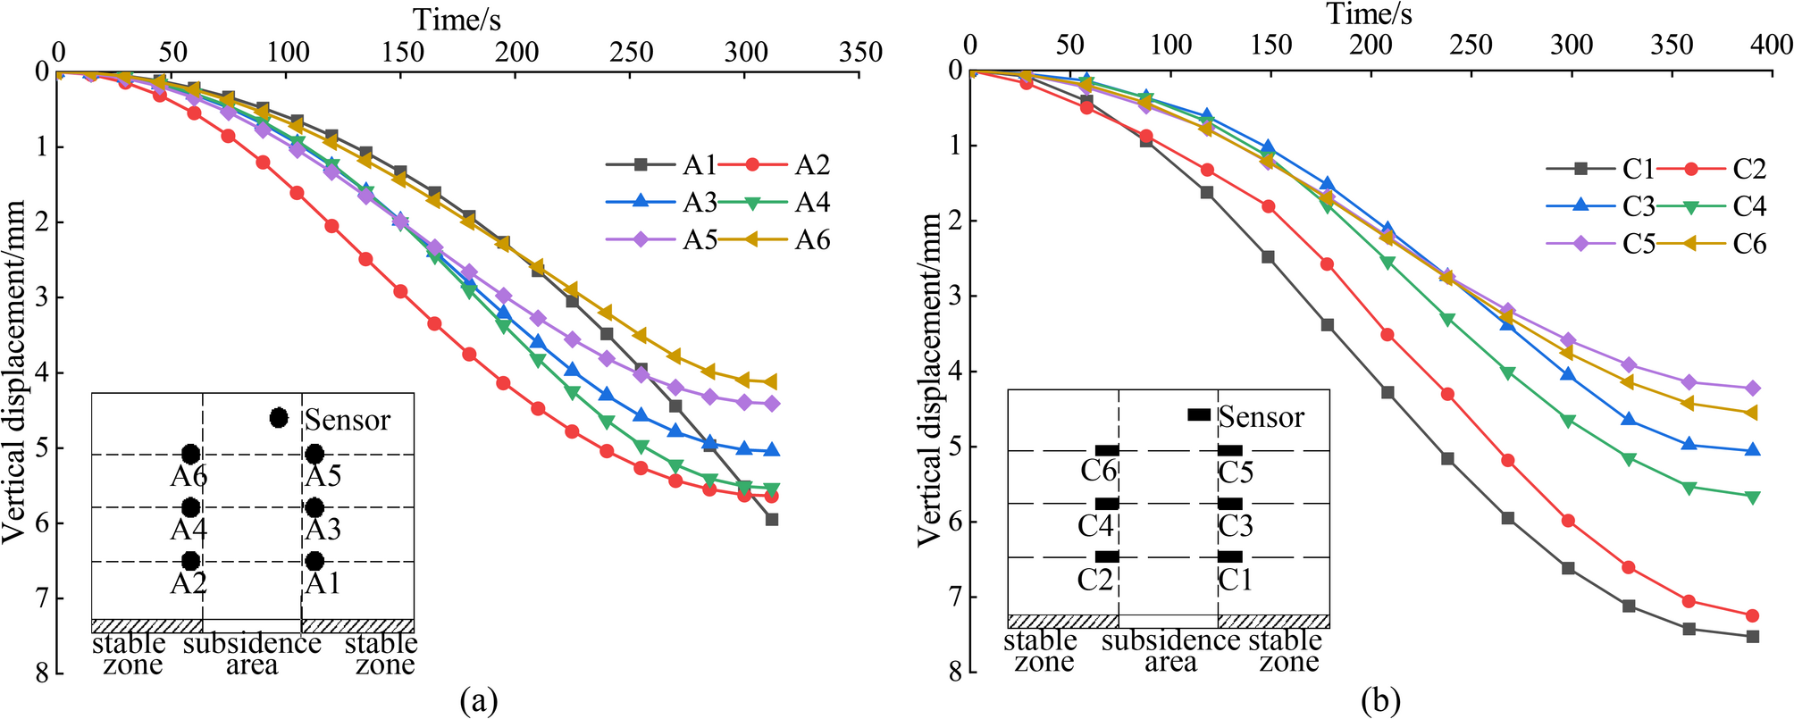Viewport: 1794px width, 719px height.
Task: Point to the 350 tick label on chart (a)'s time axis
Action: point(859,52)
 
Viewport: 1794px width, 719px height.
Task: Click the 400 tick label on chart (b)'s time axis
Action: point(1771,45)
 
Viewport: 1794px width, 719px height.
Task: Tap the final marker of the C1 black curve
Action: point(1753,637)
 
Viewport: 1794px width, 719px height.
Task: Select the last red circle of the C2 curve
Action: point(1753,615)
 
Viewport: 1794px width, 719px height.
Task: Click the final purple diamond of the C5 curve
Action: point(1753,389)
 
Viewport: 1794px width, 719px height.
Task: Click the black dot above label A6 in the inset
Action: point(190,455)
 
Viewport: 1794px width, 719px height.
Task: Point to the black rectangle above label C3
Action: point(1230,505)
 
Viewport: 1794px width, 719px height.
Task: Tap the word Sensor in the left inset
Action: point(348,420)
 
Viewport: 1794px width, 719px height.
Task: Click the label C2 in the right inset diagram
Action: point(1095,581)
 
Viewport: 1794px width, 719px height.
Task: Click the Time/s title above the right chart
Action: point(1369,14)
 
